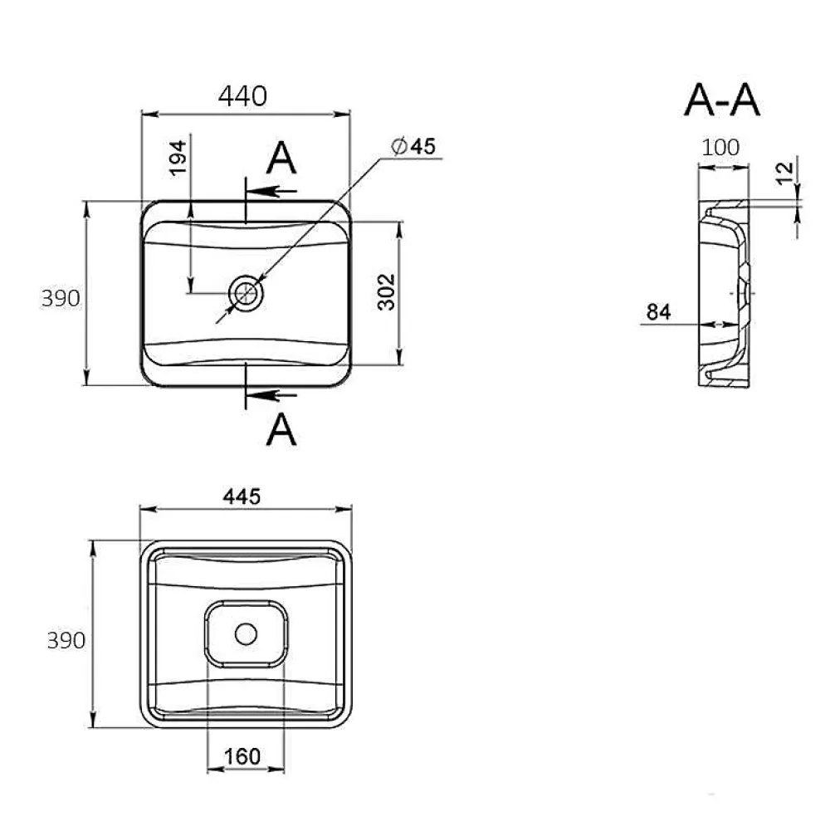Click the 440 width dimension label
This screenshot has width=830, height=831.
click(x=242, y=96)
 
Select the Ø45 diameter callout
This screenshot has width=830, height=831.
click(x=413, y=146)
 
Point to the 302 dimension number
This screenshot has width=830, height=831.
click(x=387, y=291)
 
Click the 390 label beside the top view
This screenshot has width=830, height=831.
click(x=61, y=298)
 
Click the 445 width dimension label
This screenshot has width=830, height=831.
click(x=242, y=496)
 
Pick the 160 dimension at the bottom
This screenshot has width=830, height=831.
click(x=242, y=756)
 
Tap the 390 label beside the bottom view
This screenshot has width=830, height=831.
click(x=66, y=641)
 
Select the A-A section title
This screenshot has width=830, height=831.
click(x=722, y=100)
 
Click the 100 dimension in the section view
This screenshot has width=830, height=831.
click(x=720, y=147)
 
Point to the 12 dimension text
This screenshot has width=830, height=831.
click(x=784, y=173)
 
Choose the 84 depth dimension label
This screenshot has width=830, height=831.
click(x=659, y=311)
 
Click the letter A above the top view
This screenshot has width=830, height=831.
click(x=281, y=158)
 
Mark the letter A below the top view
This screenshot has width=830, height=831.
click(x=281, y=429)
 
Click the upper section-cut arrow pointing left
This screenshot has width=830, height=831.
click(x=271, y=191)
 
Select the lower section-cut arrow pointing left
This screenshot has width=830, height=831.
click(x=271, y=395)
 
